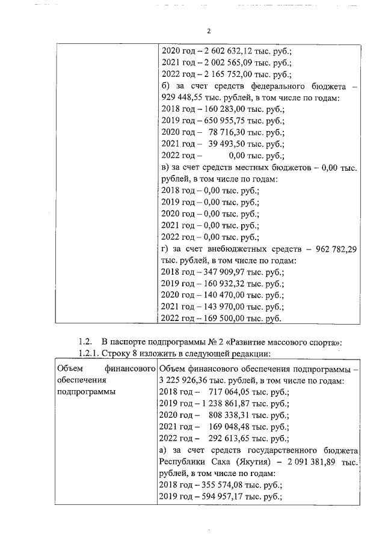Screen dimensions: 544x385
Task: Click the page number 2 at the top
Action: tap(208, 32)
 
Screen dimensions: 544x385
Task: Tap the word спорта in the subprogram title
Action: tap(321, 341)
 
